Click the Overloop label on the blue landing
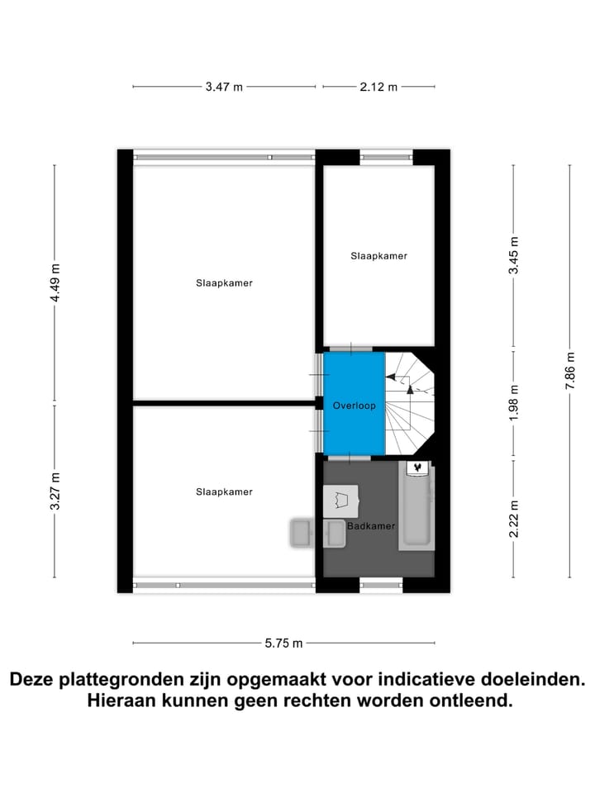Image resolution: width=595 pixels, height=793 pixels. tap(354, 406)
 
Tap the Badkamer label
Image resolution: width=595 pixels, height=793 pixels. tap(371, 525)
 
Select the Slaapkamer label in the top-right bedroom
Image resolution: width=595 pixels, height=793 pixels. tap(378, 256)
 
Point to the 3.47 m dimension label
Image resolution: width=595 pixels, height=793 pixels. tap(224, 87)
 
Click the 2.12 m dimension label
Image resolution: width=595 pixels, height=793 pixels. tap(378, 87)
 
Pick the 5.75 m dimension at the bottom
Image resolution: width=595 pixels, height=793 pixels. tap(284, 643)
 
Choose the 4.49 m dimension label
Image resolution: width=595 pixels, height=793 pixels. tap(55, 283)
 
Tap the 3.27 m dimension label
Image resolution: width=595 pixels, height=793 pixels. tap(55, 491)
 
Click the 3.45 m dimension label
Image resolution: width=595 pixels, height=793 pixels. tap(513, 255)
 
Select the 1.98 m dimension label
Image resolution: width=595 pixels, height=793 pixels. tap(513, 403)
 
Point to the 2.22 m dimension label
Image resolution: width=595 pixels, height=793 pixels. tap(513, 520)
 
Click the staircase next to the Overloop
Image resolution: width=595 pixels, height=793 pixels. tap(410, 403)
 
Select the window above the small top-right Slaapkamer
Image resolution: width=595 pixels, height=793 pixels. tap(386, 154)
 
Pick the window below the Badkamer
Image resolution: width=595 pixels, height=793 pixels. tap(381, 586)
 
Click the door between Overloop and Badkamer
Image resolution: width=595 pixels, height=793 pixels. tap(354, 457)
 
